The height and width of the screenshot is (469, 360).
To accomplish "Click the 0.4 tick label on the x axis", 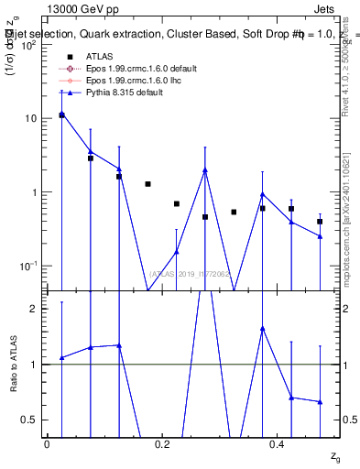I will point(278,443).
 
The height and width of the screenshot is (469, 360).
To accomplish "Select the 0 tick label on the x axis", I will point(47,443).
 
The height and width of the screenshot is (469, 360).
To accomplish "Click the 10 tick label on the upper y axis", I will point(32,119).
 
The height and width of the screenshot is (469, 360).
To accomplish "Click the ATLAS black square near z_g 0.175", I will point(147,184).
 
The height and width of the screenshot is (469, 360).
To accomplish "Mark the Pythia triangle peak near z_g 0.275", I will point(205,169).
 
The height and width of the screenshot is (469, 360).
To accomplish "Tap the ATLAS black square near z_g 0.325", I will point(234,212).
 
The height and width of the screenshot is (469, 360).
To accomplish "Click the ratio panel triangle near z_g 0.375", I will point(262,328).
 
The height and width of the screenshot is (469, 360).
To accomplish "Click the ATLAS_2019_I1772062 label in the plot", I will point(190,274).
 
